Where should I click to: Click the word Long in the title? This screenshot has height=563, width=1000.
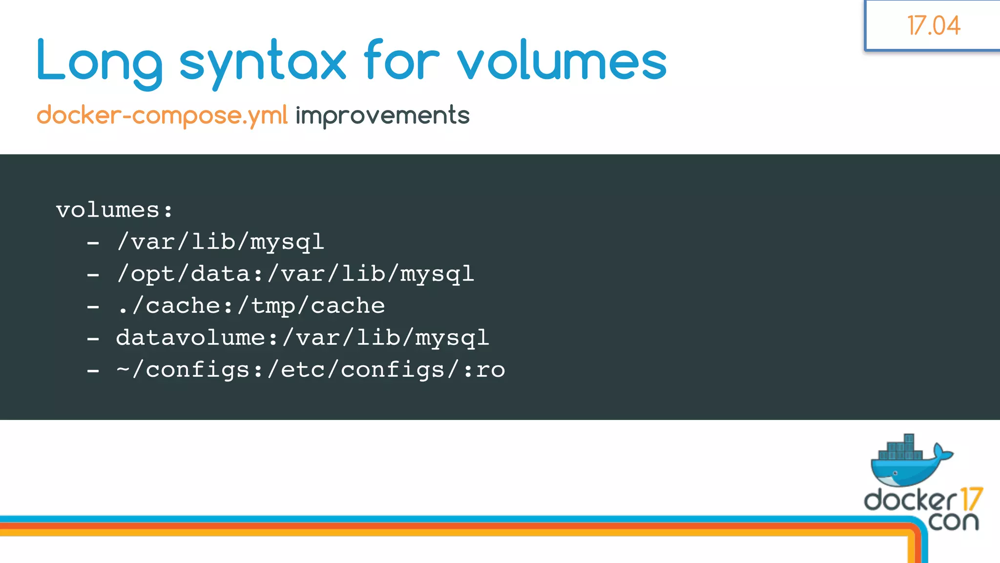point(100,62)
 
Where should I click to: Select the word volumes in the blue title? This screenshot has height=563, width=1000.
point(562,62)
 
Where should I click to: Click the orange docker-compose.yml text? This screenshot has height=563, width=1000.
point(162,115)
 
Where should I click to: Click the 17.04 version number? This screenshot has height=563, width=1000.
point(934,25)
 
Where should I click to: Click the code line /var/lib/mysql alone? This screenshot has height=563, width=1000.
point(221,242)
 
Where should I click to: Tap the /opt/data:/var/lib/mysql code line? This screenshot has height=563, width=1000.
point(295,274)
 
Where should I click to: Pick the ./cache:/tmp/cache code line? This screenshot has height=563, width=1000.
point(251,306)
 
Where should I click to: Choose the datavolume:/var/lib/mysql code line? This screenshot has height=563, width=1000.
point(303,338)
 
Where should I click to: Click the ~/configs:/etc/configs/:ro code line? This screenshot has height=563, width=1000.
point(311,370)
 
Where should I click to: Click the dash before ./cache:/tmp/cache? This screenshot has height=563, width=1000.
point(93,307)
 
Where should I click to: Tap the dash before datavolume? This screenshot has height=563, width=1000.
point(93,339)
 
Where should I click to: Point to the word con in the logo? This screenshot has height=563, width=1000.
point(953,521)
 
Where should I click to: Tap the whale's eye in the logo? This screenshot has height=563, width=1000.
point(895,473)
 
